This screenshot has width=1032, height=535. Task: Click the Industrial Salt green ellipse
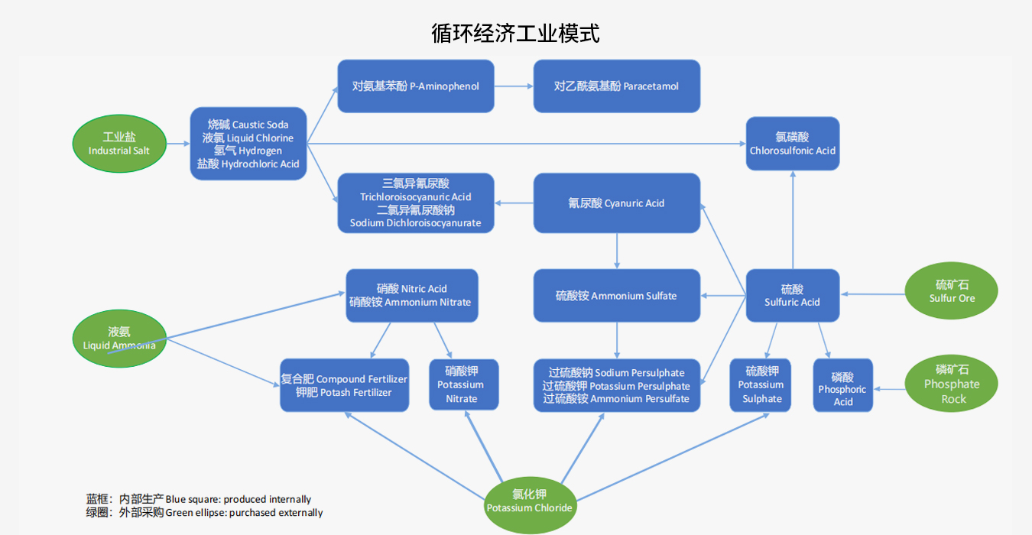point(119,144)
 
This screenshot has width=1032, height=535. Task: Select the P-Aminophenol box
point(416,86)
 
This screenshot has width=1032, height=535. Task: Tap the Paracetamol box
point(616,86)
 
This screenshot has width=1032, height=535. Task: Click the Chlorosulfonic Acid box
point(792,144)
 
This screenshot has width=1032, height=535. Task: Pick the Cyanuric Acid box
point(616,203)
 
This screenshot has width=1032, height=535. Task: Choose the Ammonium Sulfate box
point(616,296)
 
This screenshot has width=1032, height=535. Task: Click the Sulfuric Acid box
point(792,295)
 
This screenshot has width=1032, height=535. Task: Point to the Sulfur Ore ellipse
point(951,291)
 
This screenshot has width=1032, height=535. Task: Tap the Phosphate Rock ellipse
point(951,384)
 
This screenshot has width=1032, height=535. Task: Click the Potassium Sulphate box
point(761,385)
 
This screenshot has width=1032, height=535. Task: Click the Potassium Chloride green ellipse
point(529,501)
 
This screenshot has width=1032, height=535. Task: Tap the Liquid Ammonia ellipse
point(119,338)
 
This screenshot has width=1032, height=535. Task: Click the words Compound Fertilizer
point(362,379)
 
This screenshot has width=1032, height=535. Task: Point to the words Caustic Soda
point(260,125)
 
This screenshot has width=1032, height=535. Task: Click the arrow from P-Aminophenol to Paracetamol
point(514,86)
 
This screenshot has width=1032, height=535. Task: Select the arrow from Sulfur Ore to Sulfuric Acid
point(872,294)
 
